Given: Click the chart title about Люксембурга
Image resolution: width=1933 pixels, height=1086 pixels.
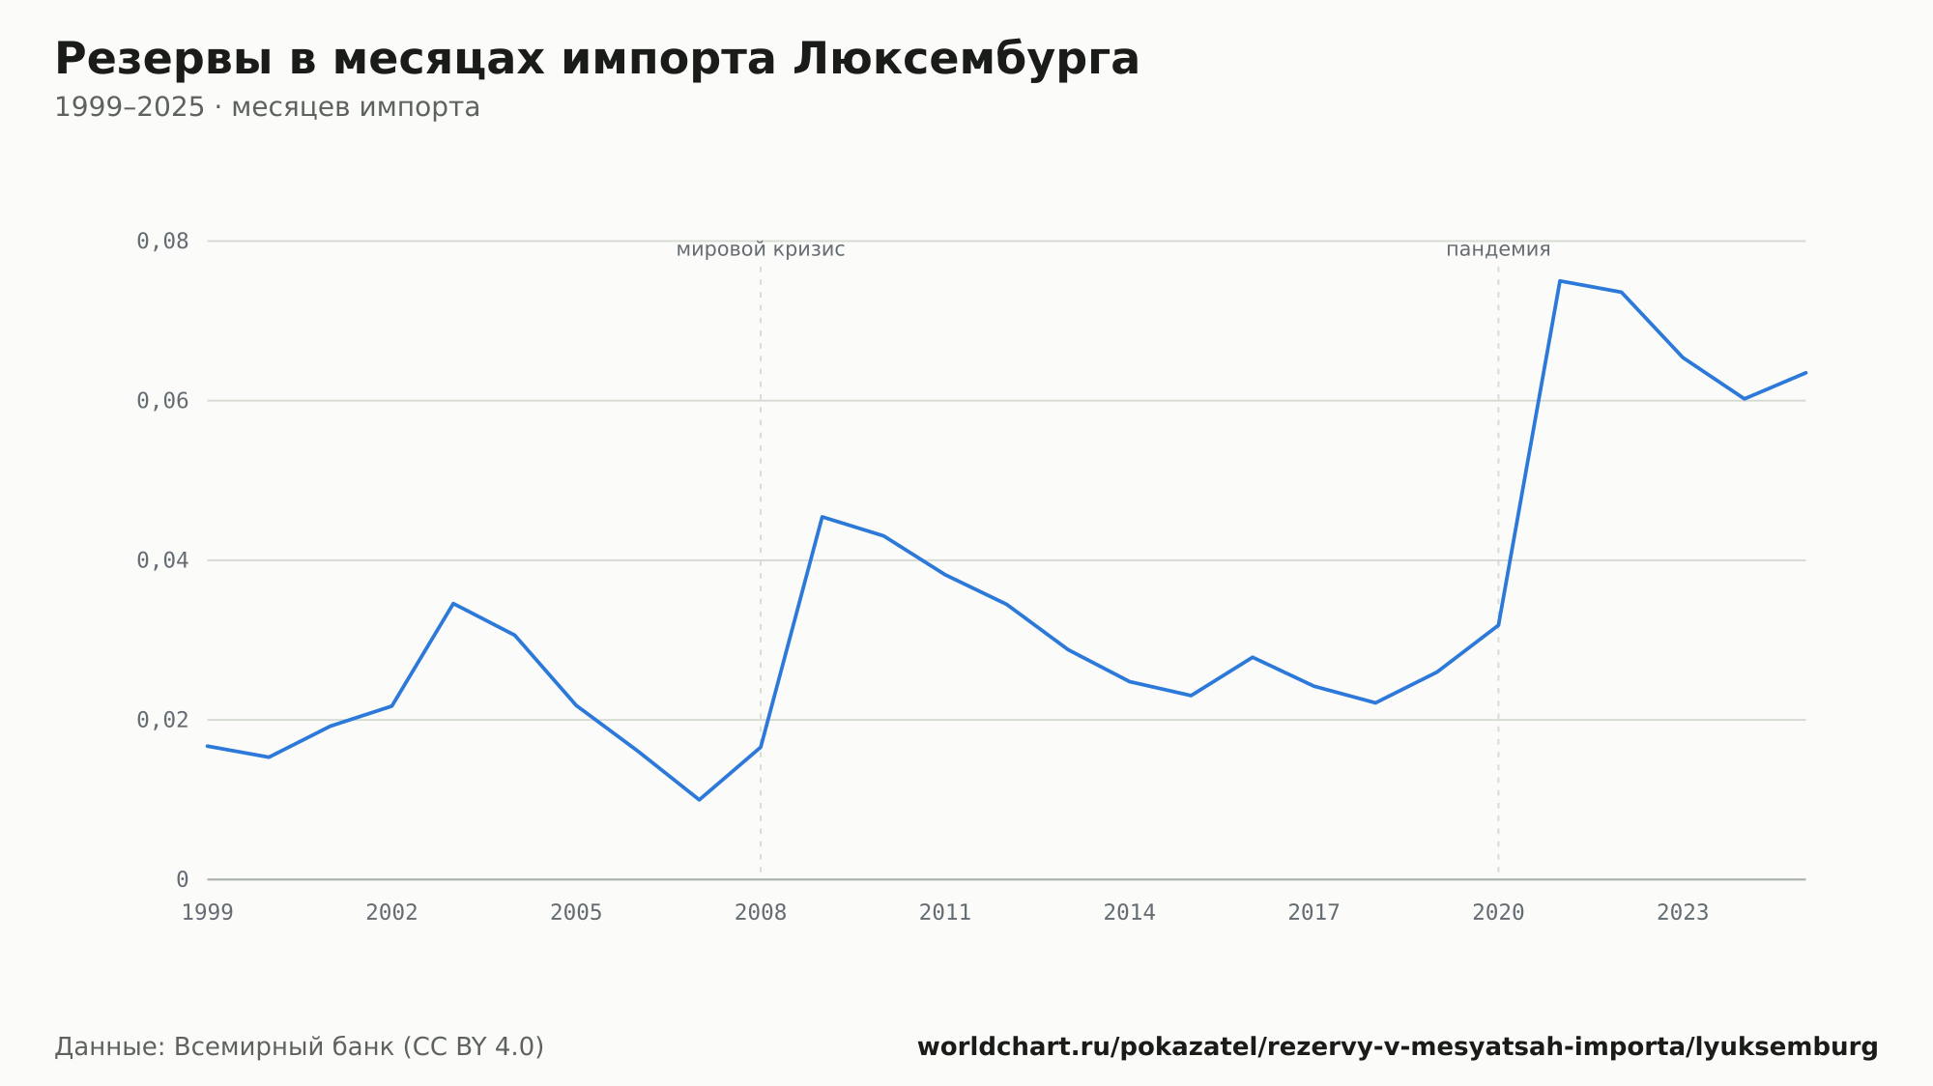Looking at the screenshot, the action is click(596, 60).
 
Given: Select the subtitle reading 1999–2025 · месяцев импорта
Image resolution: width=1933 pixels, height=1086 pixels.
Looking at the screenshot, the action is click(267, 107).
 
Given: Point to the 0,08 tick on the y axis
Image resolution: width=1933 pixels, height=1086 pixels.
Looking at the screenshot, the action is click(162, 241).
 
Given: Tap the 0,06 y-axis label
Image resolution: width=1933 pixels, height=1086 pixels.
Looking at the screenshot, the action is click(162, 401).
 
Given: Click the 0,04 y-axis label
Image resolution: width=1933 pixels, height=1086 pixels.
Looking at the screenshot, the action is click(162, 560).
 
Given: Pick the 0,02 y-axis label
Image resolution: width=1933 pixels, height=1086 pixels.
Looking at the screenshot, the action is click(162, 720).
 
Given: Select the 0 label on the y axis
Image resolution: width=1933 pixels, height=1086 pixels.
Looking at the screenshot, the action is click(182, 879).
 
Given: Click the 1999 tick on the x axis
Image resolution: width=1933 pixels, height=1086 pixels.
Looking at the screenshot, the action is click(208, 912).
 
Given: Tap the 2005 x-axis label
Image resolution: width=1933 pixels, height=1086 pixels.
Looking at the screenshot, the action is click(576, 912).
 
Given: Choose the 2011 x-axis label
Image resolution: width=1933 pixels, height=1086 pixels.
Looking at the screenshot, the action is click(945, 912).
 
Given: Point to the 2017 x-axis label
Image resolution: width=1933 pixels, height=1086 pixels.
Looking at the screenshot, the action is click(1313, 912).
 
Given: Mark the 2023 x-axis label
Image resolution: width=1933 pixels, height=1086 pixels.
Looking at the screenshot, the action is click(1683, 912).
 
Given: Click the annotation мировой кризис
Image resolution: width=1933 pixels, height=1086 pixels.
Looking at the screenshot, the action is click(761, 249).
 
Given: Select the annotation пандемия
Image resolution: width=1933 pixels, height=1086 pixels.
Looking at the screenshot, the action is click(1498, 249).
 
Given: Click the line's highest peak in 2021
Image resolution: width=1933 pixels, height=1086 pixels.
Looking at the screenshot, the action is click(1560, 281).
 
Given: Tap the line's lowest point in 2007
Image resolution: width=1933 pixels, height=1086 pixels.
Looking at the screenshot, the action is click(699, 799).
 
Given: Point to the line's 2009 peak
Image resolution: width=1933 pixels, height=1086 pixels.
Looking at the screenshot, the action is click(822, 517).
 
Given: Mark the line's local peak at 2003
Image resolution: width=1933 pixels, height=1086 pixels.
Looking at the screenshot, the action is click(453, 604).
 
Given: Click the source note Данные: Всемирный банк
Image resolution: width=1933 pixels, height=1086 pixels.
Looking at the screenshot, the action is click(300, 1046).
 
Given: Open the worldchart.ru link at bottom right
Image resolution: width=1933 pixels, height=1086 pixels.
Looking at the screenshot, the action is click(1398, 1046).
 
